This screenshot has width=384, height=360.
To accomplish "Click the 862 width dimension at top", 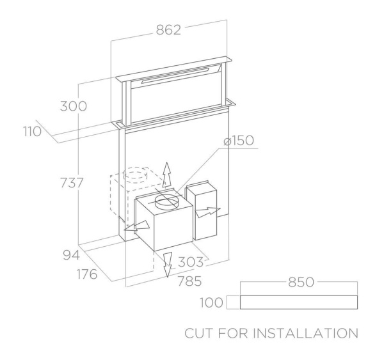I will (x=169, y=30).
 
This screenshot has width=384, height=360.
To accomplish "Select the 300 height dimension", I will (x=74, y=106).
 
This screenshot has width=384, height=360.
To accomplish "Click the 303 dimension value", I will (x=190, y=262).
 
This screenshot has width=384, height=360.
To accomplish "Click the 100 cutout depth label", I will (x=211, y=301).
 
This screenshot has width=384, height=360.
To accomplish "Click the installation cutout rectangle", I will (x=298, y=301).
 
